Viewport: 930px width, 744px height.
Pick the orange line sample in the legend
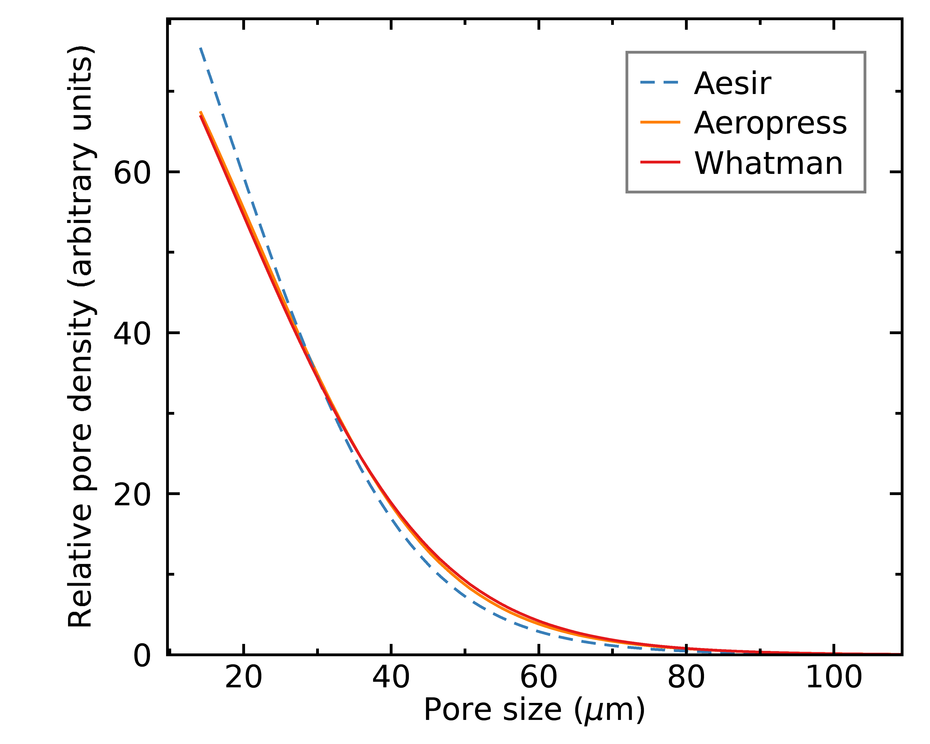click(x=660, y=122)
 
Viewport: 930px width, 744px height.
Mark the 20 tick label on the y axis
click(x=132, y=495)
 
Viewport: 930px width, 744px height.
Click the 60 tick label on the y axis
click(x=132, y=173)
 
